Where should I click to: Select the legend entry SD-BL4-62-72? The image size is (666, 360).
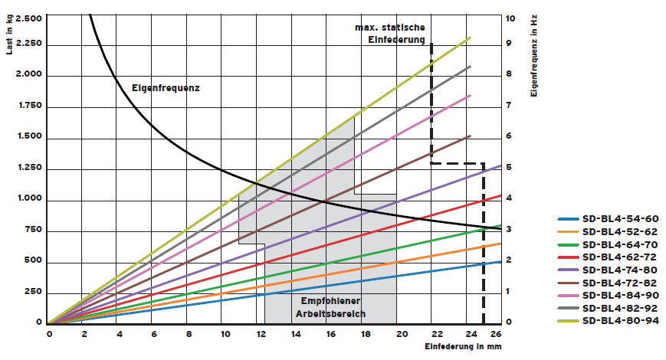pyautogui.click(x=614, y=257)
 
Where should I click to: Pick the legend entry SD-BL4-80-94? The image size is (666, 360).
pyautogui.click(x=614, y=321)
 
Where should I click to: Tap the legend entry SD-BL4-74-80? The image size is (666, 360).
pyautogui.click(x=614, y=270)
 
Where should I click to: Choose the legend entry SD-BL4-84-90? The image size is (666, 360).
pyautogui.click(x=614, y=296)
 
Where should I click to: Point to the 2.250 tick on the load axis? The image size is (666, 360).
pyautogui.click(x=29, y=44)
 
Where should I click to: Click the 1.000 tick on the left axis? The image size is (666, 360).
pyautogui.click(x=29, y=201)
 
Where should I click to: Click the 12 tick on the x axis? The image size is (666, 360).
pyautogui.click(x=260, y=335)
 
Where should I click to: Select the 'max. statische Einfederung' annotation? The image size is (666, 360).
pyautogui.click(x=389, y=34)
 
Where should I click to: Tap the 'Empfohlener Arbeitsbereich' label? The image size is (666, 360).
pyautogui.click(x=332, y=307)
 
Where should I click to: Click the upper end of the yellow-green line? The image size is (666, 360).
pyautogui.click(x=469, y=37)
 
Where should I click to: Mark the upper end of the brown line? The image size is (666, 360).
pyautogui.click(x=469, y=136)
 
